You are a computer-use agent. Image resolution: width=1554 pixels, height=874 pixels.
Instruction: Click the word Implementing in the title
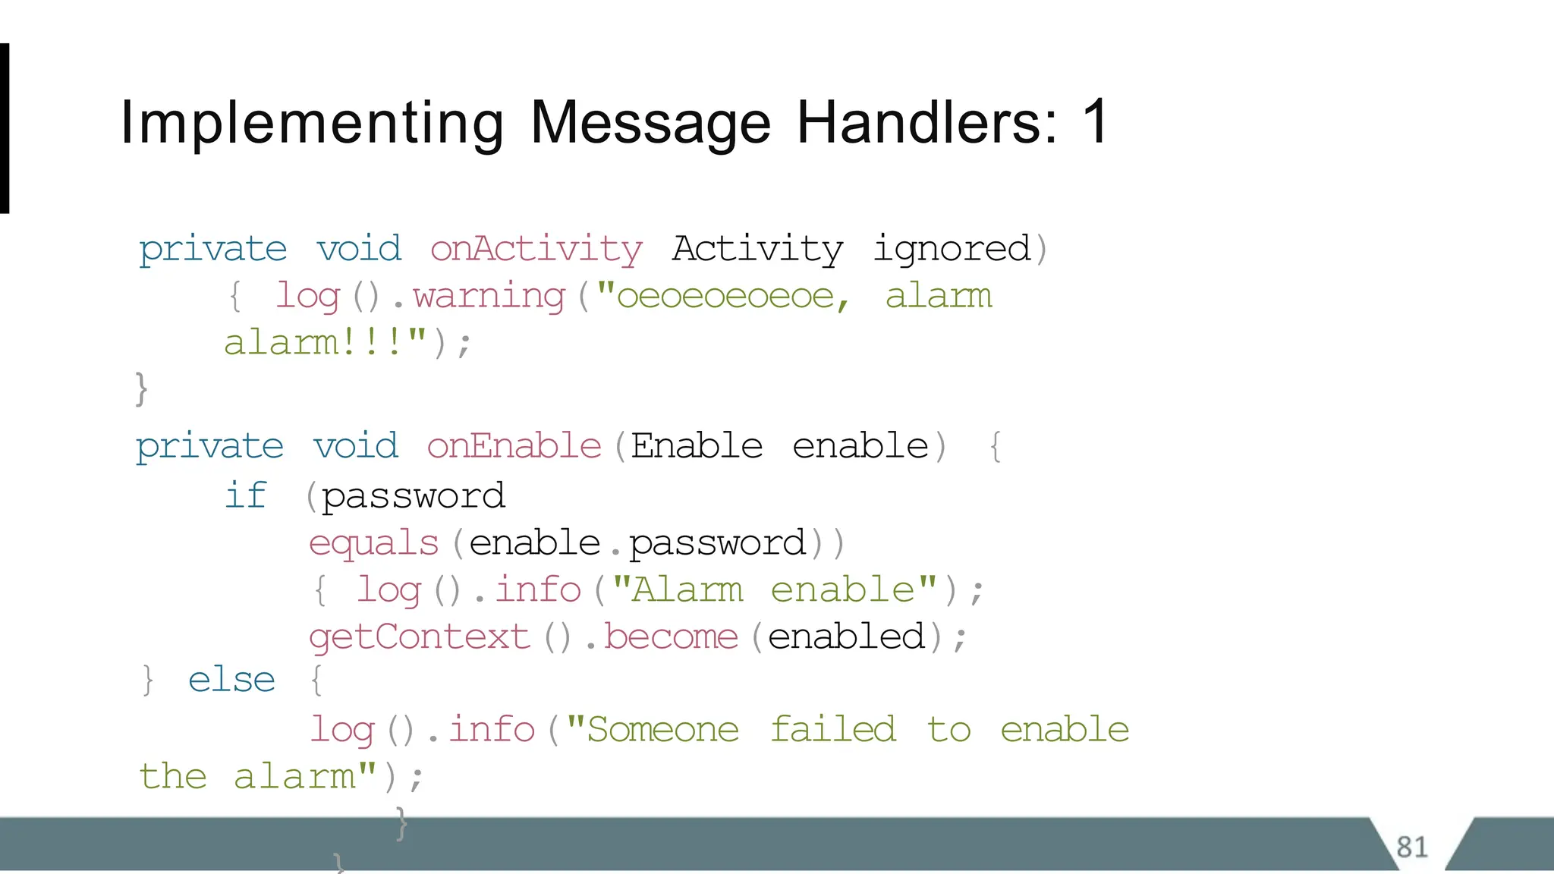[312, 123]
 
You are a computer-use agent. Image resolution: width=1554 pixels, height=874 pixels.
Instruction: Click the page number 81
[1411, 847]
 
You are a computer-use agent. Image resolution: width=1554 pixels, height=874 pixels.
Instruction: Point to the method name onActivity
[536, 249]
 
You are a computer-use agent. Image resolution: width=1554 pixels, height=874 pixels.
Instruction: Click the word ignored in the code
[952, 249]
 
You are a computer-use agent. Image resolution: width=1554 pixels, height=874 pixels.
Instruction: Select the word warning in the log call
[489, 296]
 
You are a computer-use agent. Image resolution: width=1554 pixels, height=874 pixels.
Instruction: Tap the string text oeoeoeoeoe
[725, 296]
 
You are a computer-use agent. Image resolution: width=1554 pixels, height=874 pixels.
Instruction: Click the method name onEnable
[514, 446]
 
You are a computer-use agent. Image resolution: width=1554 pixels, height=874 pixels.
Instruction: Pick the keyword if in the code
[246, 496]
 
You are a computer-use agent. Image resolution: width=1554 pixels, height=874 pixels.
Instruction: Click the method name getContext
[420, 637]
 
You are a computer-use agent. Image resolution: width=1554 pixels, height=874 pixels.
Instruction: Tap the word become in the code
[671, 637]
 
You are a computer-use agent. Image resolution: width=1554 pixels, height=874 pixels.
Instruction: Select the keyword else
[231, 680]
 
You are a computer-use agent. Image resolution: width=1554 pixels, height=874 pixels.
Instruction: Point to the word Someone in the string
[662, 730]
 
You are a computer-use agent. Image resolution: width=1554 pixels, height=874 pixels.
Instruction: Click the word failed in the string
[833, 730]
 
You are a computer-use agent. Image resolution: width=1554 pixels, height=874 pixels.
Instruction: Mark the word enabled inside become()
[846, 637]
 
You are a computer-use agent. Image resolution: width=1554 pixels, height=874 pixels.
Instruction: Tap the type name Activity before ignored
[757, 249]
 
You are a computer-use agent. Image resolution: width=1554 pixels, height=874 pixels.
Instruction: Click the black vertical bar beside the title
[5, 128]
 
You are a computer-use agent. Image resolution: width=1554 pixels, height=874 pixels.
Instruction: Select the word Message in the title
[650, 123]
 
